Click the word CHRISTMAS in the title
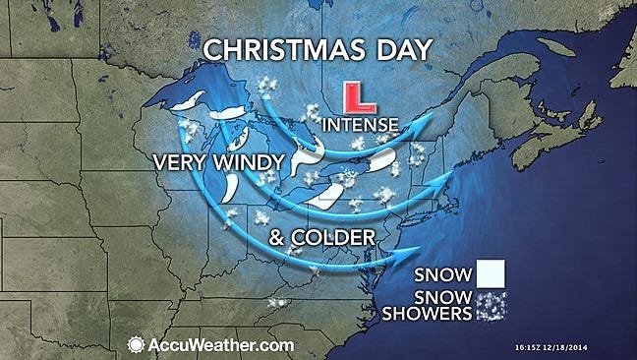tap(276, 49)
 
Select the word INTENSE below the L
tap(361, 125)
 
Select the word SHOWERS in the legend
tap(435, 315)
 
